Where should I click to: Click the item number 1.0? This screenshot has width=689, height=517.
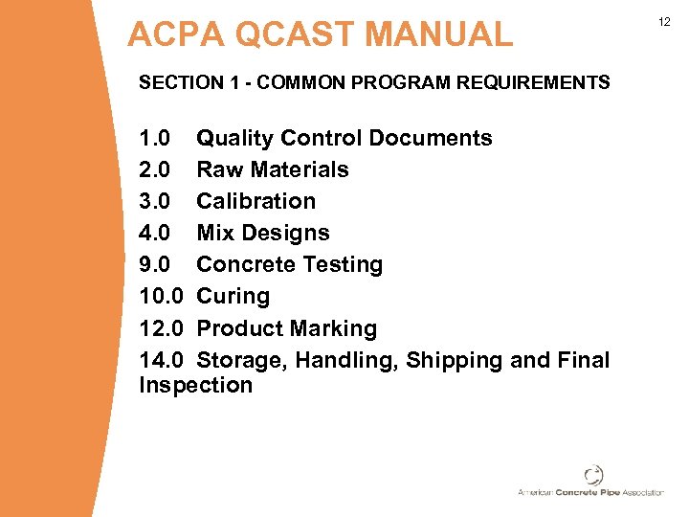155,138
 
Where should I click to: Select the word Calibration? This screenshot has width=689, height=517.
256,201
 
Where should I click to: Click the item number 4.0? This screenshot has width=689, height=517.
155,233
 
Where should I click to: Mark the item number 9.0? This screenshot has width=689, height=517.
155,264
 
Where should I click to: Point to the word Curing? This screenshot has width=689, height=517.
233,296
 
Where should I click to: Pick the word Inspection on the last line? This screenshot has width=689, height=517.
195,385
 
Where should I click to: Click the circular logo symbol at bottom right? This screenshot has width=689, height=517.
593,475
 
